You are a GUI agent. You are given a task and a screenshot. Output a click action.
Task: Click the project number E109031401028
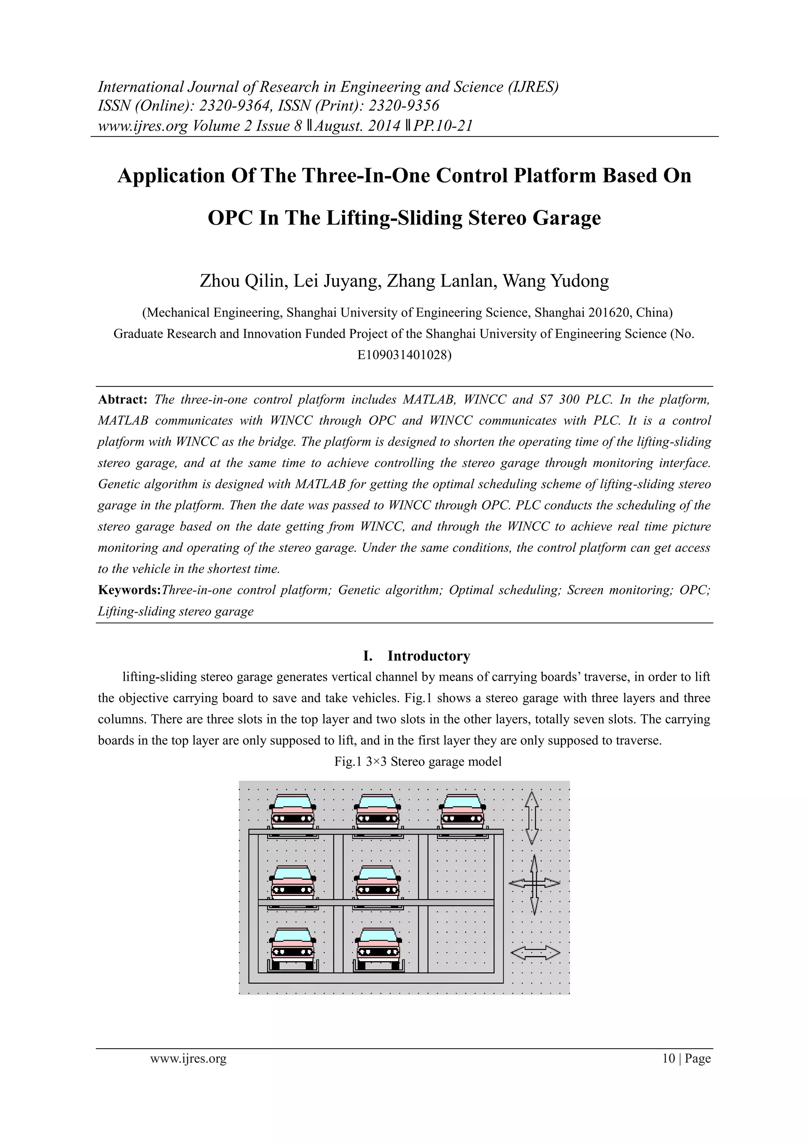[x=404, y=355]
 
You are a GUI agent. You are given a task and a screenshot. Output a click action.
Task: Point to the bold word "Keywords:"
[x=130, y=590]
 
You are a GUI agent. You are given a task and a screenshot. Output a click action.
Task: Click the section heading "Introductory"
[x=429, y=656]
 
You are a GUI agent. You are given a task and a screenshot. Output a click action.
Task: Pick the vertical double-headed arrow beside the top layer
[x=532, y=818]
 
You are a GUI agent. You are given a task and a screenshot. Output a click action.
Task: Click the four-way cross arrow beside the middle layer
[x=534, y=884]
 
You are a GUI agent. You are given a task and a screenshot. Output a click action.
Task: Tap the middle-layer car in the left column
[x=292, y=883]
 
